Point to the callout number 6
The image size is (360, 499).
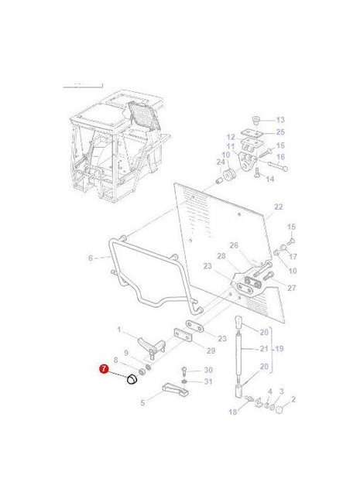point(90,258)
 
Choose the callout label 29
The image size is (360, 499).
point(211,350)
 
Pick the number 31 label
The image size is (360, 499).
point(207,381)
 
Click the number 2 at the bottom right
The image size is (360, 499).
point(293,401)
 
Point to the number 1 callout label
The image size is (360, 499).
point(119,330)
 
